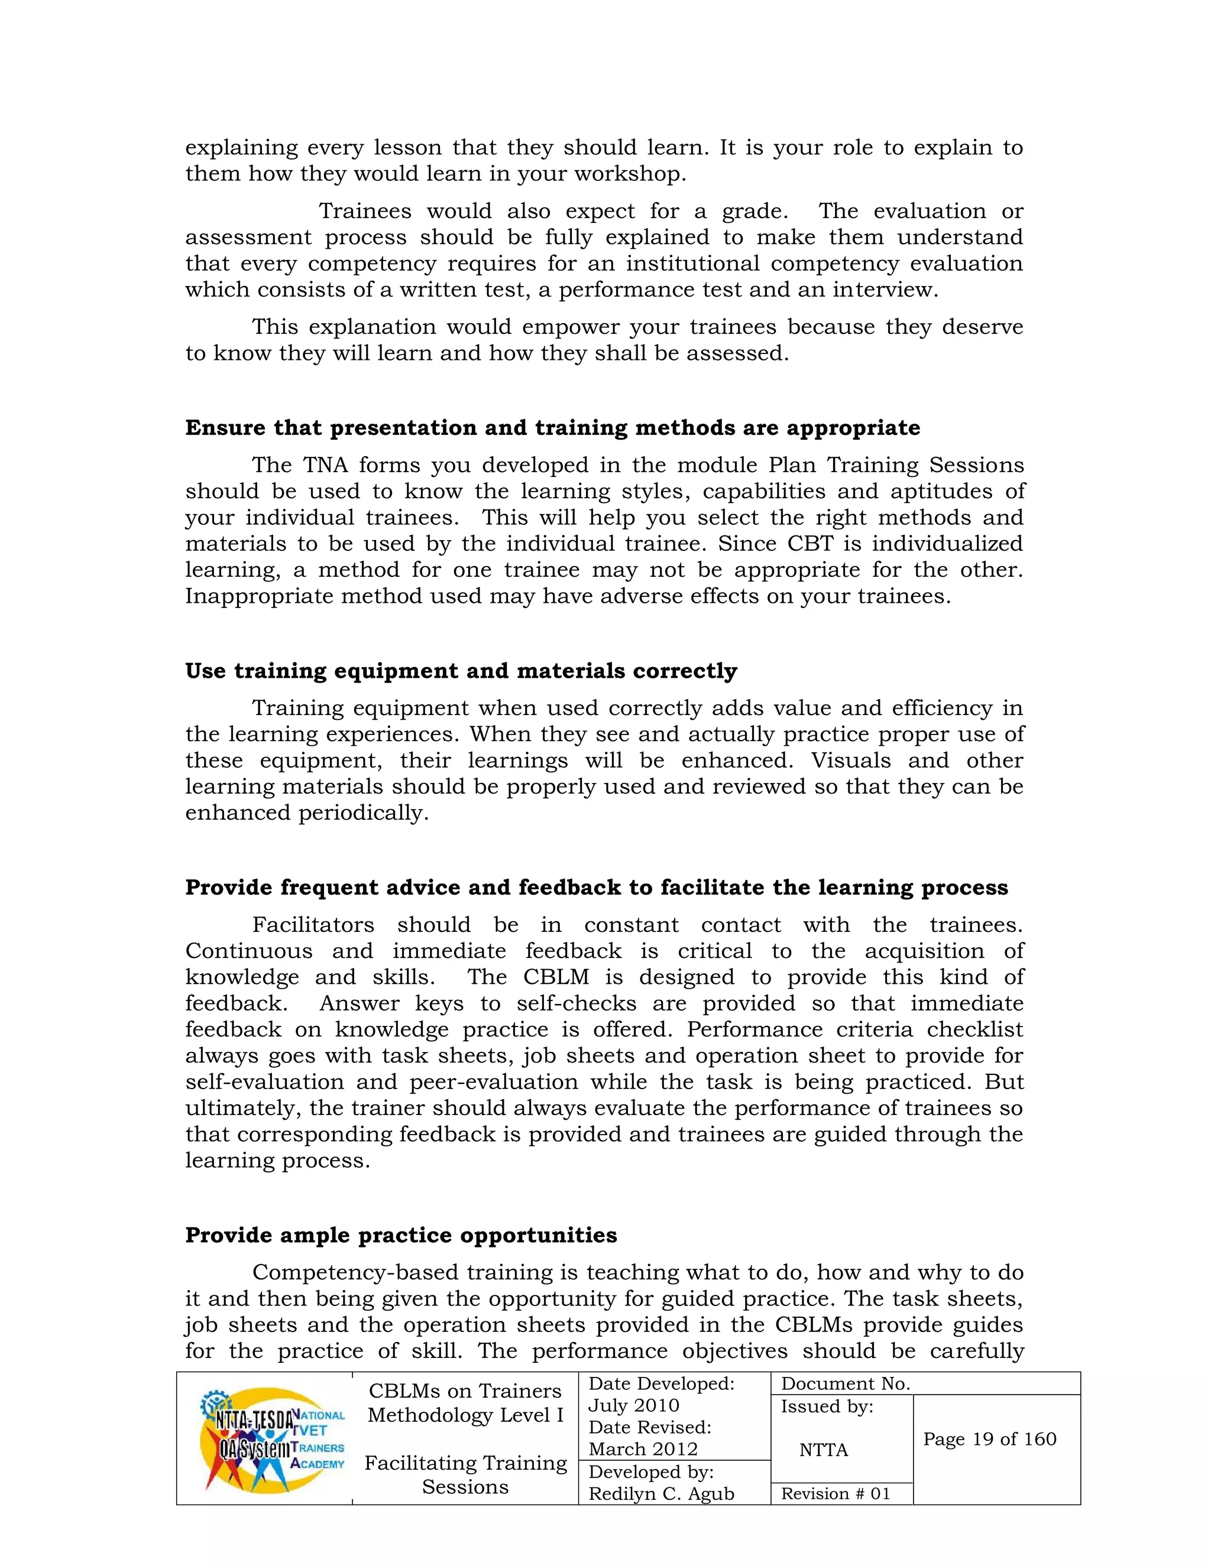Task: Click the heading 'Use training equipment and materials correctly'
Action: pyautogui.click(x=461, y=671)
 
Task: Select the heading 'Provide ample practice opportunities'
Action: pyautogui.click(x=401, y=1234)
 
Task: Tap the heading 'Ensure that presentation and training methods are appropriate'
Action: pyautogui.click(x=552, y=427)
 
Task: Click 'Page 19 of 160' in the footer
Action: pyautogui.click(x=989, y=1438)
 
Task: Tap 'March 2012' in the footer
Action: pyautogui.click(x=643, y=1448)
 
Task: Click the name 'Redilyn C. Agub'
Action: pyautogui.click(x=660, y=1493)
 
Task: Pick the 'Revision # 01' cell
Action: pyautogui.click(x=835, y=1493)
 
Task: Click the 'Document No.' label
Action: pyautogui.click(x=845, y=1383)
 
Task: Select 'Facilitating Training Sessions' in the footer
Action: pyautogui.click(x=465, y=1474)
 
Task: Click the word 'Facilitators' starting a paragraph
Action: pyautogui.click(x=313, y=924)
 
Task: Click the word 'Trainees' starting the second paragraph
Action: pyautogui.click(x=364, y=211)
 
